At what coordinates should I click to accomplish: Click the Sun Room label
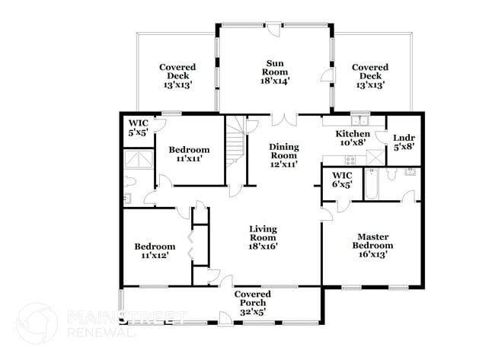point(276,71)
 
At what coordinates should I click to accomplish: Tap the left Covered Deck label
point(177,76)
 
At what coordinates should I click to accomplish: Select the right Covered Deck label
point(370,76)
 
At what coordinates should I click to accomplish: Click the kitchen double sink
point(359,120)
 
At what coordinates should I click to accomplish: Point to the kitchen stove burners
point(350,159)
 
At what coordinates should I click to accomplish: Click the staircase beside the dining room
point(236,145)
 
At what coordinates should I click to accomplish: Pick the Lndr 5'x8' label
point(403,142)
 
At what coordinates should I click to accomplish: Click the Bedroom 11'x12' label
point(155,251)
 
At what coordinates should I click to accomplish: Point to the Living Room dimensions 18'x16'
point(263,246)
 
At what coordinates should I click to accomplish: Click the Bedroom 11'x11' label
point(189,155)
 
